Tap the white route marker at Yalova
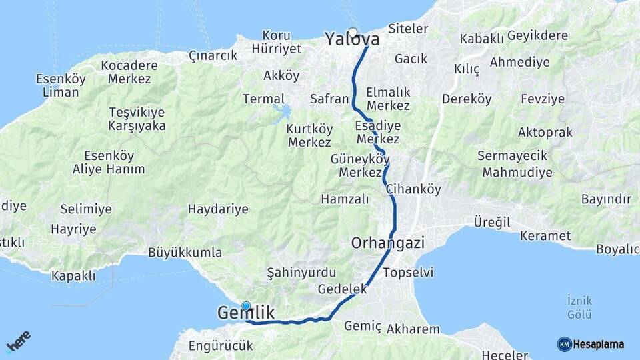352,31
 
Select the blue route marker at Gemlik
246,307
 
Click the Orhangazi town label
388,243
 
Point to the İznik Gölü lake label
579,307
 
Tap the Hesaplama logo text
599,345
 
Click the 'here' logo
18,341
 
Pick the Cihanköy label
413,189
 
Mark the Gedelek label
343,289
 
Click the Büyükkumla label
185,253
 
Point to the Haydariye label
218,209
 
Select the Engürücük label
221,346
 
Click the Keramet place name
545,236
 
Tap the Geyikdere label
537,36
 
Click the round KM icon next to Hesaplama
564,345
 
